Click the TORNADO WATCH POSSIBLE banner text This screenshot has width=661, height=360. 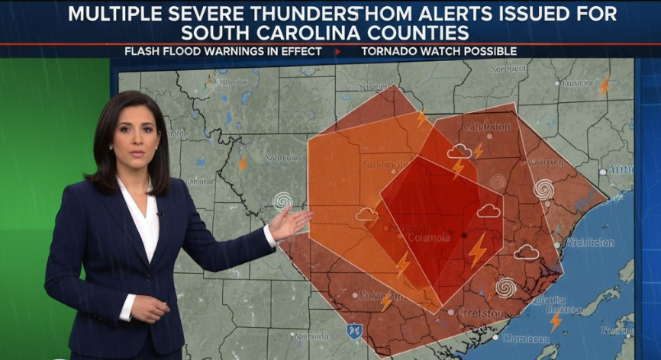tap(439, 51)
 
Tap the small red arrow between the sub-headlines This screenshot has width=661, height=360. tap(337, 51)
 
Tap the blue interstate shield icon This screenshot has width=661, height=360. tap(353, 331)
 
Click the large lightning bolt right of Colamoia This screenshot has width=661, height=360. tap(477, 249)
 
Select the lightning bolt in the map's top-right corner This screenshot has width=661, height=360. tap(605, 86)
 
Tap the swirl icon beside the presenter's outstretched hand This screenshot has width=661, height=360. tap(282, 201)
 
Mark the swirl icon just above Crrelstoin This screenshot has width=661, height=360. tap(505, 287)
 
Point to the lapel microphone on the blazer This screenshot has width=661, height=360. tap(160, 213)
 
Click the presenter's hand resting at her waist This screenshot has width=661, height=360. tap(147, 308)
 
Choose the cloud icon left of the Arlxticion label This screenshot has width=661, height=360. tap(526, 252)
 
